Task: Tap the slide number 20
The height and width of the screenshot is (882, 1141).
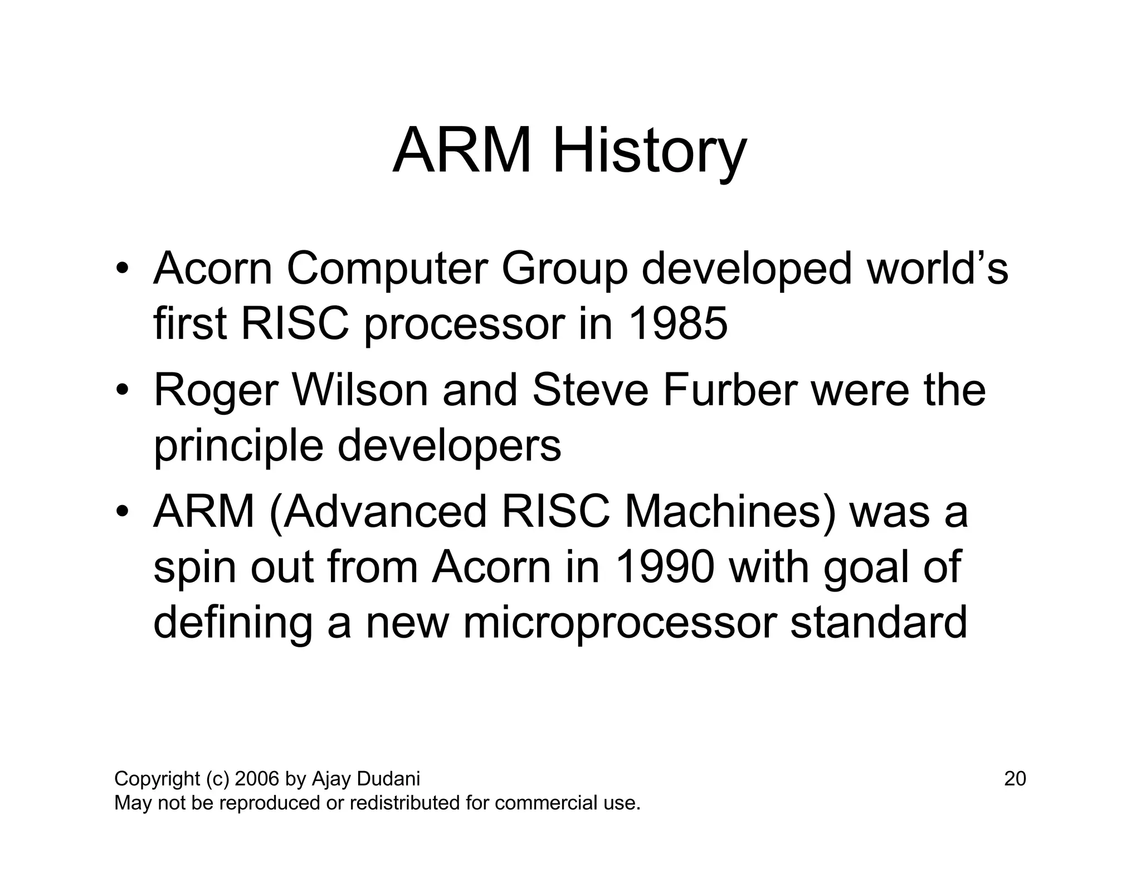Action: (1015, 779)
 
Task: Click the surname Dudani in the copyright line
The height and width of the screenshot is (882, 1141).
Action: (388, 779)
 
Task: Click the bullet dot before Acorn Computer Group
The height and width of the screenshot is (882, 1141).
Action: (123, 268)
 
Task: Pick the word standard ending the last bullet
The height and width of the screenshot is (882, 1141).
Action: (879, 623)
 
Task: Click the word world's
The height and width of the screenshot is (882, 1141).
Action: (937, 269)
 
